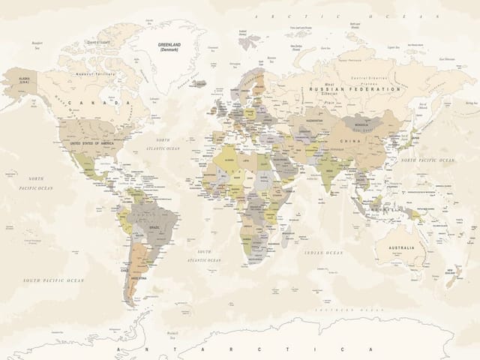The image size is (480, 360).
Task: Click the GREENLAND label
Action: point(173,46)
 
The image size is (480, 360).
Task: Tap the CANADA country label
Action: point(98,102)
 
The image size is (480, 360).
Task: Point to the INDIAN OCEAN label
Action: point(324,253)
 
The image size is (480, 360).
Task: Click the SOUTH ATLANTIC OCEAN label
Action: point(203,256)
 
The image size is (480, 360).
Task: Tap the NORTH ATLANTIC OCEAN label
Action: point(163,145)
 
